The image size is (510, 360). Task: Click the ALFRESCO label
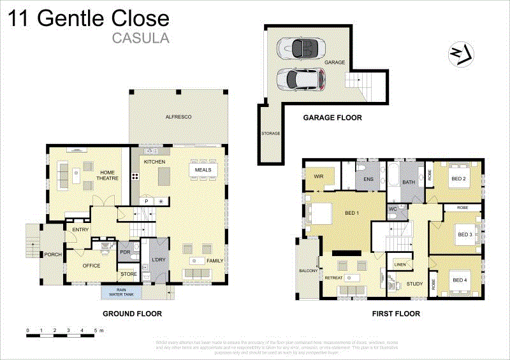point(178,117)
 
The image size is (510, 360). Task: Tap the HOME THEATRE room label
point(108,175)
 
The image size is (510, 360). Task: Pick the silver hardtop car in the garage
point(301,79)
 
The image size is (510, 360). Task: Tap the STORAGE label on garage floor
point(270,134)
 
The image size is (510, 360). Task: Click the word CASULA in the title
point(140,37)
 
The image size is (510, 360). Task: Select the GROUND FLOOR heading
point(132,313)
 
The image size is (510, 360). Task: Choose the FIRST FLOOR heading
point(396,313)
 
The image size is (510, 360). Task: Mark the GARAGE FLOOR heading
point(332,117)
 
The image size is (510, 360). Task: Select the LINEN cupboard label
point(400,264)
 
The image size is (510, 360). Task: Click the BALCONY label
point(308,271)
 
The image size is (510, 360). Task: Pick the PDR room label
point(125,252)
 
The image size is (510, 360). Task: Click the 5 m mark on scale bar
point(96,330)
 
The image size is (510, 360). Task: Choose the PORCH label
point(52,255)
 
